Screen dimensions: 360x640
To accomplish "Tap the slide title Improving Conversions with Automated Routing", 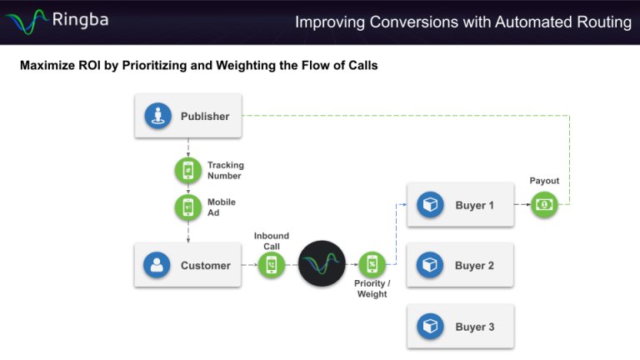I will point(462,22).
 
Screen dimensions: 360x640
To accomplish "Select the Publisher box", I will point(188,117).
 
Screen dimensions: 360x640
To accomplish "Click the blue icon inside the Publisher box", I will point(157,117).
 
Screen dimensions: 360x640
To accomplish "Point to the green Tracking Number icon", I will point(188,170).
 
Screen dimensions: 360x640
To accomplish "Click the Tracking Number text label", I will point(225,170).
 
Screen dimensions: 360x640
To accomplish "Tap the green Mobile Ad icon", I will point(188,207).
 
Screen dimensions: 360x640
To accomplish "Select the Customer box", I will point(188,266).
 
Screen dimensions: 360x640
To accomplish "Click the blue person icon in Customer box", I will point(157,266).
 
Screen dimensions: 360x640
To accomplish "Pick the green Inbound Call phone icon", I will point(272,265).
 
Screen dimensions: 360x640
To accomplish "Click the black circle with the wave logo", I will point(322,264).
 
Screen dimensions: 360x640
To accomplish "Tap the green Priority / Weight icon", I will point(372,265).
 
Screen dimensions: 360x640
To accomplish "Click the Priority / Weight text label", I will point(372,289).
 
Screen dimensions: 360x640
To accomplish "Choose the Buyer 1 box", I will point(460,205).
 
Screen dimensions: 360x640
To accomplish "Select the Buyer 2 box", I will point(460,266).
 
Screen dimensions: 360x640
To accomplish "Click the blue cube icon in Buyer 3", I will point(430,327).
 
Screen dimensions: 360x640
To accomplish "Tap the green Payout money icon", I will point(544,204).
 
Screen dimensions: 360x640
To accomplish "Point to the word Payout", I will point(544,181).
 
